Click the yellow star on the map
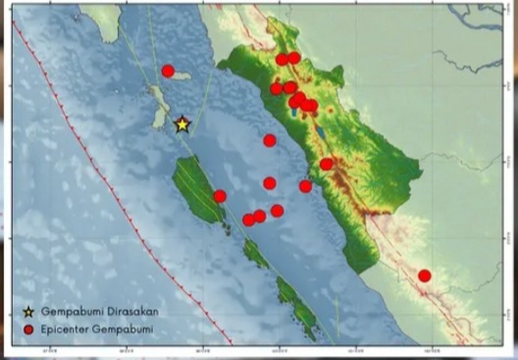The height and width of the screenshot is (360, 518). [181, 125]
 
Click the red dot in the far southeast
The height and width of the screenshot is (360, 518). [424, 276]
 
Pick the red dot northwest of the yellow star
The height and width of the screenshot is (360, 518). [168, 71]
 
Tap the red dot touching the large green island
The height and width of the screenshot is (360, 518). [220, 196]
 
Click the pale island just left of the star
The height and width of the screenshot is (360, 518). [159, 106]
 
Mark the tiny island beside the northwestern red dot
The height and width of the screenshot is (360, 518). [184, 76]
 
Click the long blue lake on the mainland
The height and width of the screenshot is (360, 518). [321, 130]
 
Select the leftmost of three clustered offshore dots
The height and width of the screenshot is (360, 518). [248, 220]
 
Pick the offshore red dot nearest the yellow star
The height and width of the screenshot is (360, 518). [270, 140]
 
